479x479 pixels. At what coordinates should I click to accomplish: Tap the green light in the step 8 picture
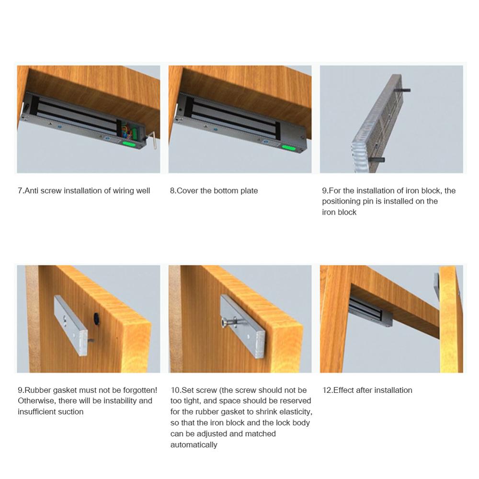(288, 148)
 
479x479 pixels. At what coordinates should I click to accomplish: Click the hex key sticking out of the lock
(152, 139)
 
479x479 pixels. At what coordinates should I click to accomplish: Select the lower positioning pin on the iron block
(376, 160)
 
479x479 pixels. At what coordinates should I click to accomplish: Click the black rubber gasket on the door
(97, 318)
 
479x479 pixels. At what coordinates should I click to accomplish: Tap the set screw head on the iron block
(225, 322)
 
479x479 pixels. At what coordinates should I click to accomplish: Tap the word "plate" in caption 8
(249, 191)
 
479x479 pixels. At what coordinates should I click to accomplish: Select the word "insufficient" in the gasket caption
(36, 412)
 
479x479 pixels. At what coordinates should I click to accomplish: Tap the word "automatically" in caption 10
(194, 445)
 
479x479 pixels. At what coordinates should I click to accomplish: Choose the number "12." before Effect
(328, 390)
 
